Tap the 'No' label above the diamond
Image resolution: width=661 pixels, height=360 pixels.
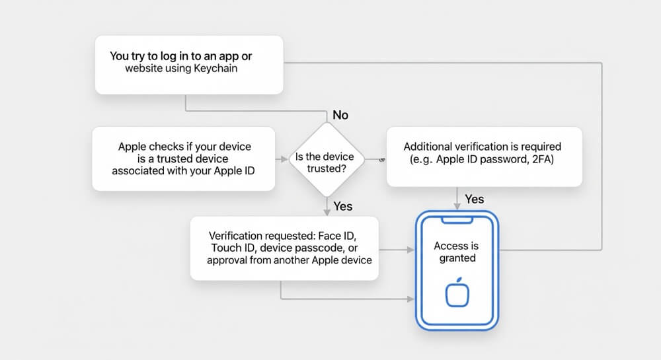click(x=340, y=115)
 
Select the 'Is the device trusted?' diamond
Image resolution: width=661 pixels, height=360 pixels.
click(x=327, y=160)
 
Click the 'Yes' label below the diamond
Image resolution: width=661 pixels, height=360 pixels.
click(x=342, y=206)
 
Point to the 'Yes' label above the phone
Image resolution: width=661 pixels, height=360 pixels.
click(x=474, y=199)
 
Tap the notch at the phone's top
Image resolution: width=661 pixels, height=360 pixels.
click(x=457, y=220)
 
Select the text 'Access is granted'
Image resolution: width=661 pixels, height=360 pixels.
click(x=457, y=252)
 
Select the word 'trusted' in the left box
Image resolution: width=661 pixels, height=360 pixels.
click(x=174, y=159)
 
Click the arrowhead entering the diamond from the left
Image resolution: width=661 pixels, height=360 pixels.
click(x=284, y=160)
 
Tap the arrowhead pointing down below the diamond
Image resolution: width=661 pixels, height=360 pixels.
click(x=327, y=212)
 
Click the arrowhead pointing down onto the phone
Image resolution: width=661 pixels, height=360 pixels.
click(x=457, y=206)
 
